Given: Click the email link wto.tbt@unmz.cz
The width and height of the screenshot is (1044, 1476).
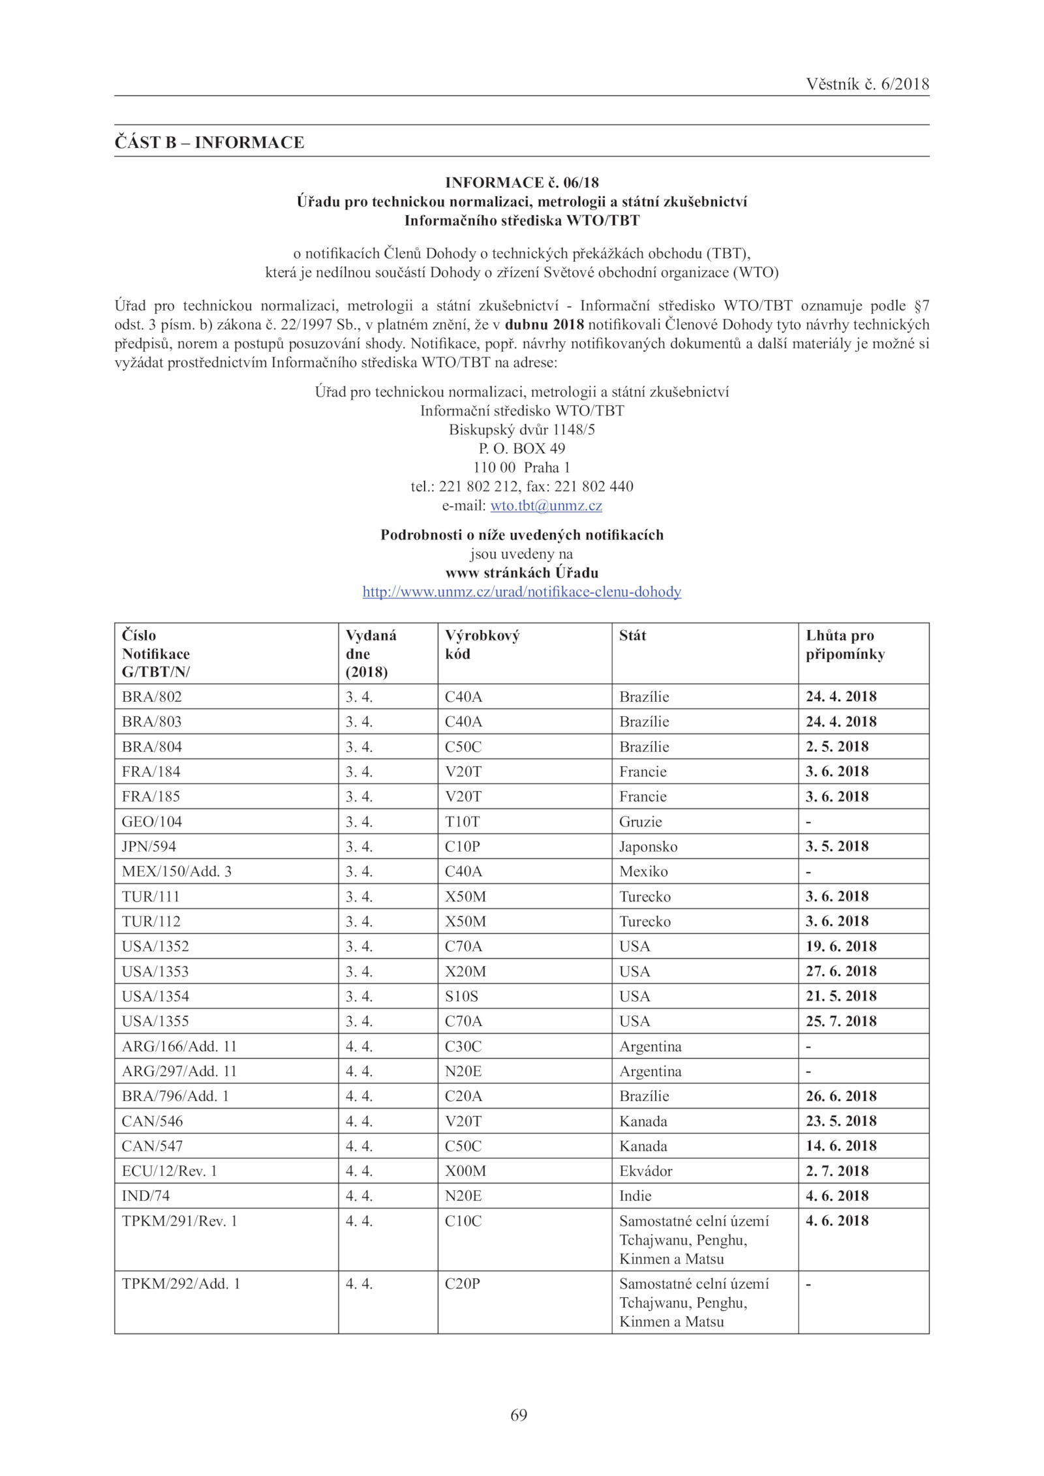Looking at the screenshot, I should (545, 505).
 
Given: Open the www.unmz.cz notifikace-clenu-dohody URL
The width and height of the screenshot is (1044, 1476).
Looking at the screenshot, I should (521, 592).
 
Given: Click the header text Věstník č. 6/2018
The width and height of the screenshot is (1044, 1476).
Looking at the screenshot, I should (867, 84).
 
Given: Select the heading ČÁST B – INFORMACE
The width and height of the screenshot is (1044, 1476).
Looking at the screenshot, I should (209, 142).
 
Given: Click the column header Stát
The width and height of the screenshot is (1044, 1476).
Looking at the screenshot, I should (632, 635).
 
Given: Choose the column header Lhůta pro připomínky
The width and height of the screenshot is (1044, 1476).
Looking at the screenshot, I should (845, 644).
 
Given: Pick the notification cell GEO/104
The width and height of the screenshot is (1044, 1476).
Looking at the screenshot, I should (152, 821).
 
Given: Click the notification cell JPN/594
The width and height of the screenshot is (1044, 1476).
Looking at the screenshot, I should (149, 846).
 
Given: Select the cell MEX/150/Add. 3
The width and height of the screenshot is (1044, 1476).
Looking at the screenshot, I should (176, 871).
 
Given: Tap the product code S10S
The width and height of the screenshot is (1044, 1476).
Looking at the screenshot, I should (461, 996).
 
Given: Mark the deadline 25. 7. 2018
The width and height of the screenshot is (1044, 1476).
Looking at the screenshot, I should (841, 1021).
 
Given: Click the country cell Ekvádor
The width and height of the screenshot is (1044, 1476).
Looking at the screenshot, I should (645, 1171).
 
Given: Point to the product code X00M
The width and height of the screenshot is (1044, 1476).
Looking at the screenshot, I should (465, 1171).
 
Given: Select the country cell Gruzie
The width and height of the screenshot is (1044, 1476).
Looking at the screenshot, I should (640, 821).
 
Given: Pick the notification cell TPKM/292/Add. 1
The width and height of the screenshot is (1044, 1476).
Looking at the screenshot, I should (181, 1284).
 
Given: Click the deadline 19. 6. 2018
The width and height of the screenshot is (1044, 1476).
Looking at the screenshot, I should (841, 946).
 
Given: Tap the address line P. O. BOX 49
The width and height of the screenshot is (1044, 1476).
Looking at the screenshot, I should (521, 448).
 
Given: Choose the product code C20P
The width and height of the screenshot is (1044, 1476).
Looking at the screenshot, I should (462, 1284).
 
